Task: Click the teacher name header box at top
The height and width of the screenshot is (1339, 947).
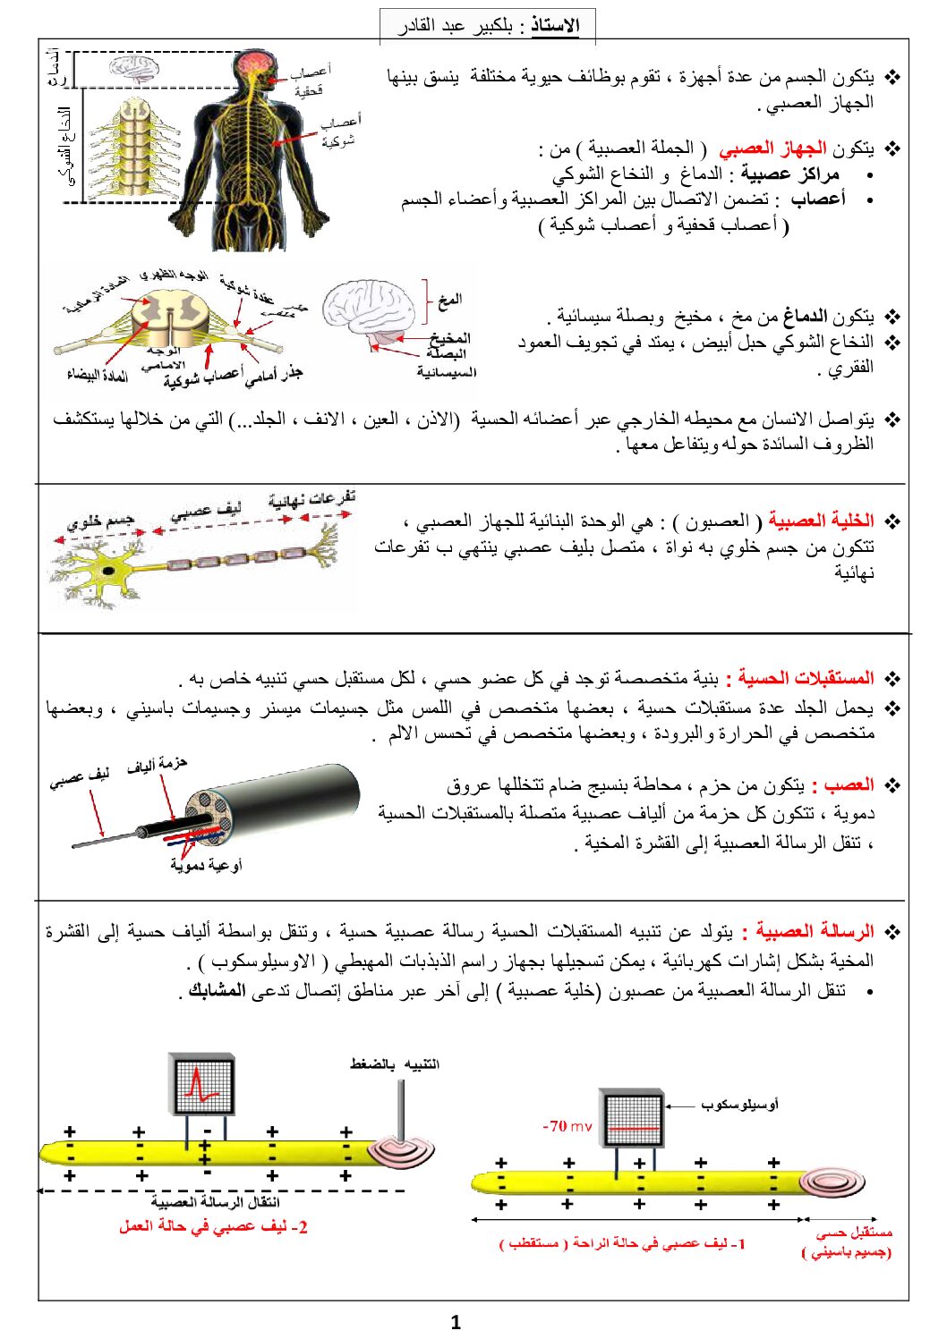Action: coord(488,25)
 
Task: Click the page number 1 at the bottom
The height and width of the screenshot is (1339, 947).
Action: coord(456,1322)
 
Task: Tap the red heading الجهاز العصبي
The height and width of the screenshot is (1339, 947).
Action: coord(772,148)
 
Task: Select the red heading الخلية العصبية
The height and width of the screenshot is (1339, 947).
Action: coord(821,521)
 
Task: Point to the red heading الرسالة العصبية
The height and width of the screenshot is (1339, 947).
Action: coord(815,932)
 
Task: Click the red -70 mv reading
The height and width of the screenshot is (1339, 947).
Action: coord(567,1126)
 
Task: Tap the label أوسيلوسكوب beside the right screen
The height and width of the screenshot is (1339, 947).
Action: coord(738,1105)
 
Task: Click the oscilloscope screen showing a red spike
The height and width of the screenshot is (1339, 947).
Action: coord(203,1084)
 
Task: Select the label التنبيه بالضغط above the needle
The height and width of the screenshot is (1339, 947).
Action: coord(394,1064)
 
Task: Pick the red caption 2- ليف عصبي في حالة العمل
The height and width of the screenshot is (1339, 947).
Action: coord(213,1227)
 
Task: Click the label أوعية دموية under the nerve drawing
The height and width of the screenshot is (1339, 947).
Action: coord(206,865)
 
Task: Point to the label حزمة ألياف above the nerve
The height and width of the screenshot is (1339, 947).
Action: coord(157,765)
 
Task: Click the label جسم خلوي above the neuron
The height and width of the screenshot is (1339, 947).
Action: coord(100,520)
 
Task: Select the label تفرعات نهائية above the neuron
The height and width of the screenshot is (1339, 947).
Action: coord(311,498)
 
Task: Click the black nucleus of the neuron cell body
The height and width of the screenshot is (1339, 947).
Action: coord(108,570)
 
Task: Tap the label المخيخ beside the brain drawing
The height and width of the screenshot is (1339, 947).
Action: coord(449,337)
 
